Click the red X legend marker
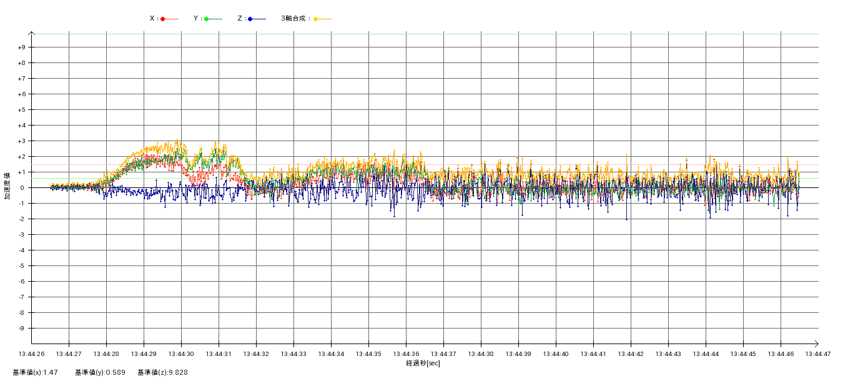pos(163,19)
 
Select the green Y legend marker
pos(206,19)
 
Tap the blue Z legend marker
pos(250,19)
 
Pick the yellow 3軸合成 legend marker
pos(316,19)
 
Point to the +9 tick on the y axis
pos(21,47)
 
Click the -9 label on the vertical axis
pos(21,329)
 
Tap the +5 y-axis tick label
pos(21,110)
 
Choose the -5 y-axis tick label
pos(21,266)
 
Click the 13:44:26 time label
pos(31,354)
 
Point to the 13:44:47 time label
pos(818,354)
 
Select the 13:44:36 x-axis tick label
pos(406,354)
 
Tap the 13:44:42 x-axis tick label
pos(631,354)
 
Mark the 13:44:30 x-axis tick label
pos(181,354)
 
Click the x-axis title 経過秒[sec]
pos(423,363)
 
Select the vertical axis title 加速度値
pos(7,186)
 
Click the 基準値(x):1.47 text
pos(35,372)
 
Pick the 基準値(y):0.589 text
pos(100,372)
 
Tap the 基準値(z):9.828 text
pos(162,372)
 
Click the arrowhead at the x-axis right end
pos(817,343)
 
